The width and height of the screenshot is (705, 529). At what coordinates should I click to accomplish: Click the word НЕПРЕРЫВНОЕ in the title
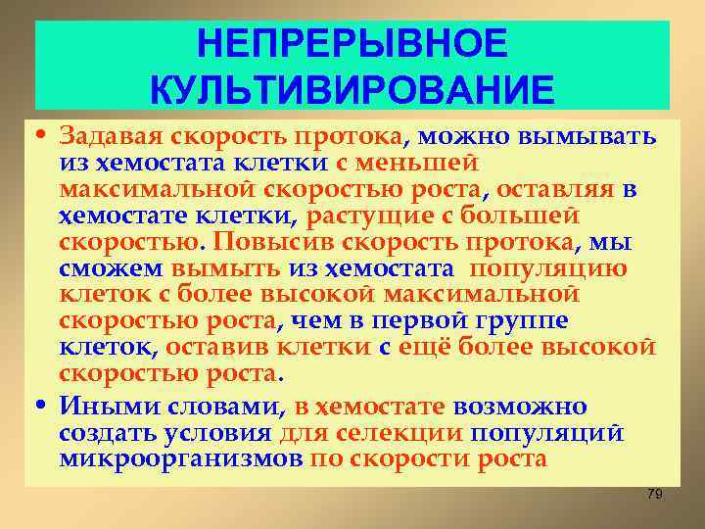[x=352, y=44]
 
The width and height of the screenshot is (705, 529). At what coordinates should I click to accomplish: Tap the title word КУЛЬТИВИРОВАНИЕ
[x=352, y=89]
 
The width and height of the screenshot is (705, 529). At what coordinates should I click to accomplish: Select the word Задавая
[x=100, y=133]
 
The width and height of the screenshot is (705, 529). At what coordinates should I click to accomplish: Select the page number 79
[x=655, y=495]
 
